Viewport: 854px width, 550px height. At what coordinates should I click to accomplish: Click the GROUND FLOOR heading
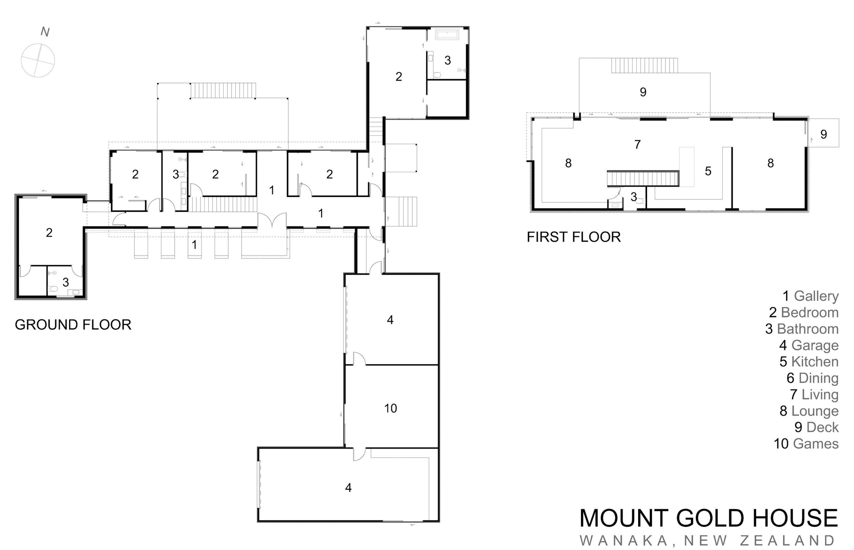tap(73, 325)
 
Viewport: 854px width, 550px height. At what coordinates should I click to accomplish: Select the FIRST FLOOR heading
tap(574, 237)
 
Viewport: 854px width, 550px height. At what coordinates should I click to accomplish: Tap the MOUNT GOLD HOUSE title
tap(709, 518)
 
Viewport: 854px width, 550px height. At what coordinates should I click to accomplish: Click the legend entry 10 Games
tap(806, 444)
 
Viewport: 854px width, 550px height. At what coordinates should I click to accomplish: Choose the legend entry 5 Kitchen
tap(809, 362)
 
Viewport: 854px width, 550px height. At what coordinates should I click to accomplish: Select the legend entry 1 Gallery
tap(810, 296)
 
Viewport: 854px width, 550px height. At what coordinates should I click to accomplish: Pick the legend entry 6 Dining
tap(812, 378)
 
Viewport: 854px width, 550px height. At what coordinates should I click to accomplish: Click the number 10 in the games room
tap(391, 408)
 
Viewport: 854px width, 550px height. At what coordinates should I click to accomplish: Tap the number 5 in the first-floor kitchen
tap(708, 171)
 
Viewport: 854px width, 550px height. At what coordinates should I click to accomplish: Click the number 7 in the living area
tap(638, 145)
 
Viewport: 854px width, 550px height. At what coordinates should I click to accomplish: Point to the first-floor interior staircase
tap(643, 179)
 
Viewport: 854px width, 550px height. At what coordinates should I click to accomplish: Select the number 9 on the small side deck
tap(824, 134)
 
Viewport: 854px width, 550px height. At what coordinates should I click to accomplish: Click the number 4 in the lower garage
tap(349, 487)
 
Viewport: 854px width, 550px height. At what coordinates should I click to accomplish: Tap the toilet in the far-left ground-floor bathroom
tap(54, 289)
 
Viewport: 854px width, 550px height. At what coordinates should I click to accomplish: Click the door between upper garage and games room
tap(359, 358)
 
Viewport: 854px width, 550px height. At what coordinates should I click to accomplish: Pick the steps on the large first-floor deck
tap(644, 65)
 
